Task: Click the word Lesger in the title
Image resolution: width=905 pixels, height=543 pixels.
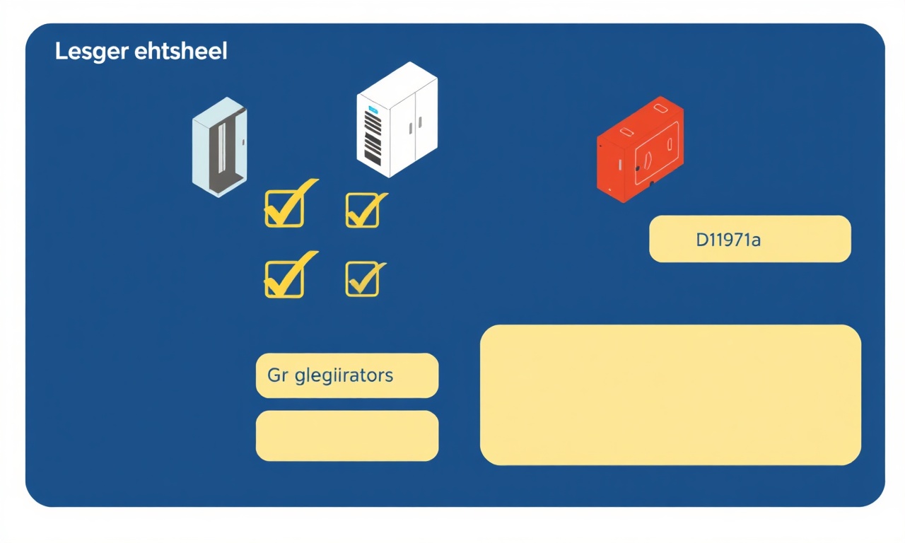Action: coord(92,52)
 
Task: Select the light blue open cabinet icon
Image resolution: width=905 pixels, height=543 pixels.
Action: coord(219,147)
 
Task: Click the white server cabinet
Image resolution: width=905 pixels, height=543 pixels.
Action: coord(397,119)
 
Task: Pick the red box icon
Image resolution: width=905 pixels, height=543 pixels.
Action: coord(641,149)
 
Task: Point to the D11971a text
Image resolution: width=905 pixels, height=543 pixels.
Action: coord(728,240)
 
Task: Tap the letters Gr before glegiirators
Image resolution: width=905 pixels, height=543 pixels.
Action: coord(278,375)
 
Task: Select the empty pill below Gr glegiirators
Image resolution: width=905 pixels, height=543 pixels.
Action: coord(347,436)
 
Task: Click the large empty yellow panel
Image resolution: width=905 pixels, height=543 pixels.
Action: coord(671,395)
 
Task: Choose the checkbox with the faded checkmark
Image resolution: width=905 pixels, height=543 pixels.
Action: coord(363,279)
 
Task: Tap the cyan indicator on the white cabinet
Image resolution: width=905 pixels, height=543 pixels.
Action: coord(372,109)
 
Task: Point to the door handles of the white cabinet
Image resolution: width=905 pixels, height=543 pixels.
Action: coord(415,125)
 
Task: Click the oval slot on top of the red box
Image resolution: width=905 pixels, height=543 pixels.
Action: coord(660,108)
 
